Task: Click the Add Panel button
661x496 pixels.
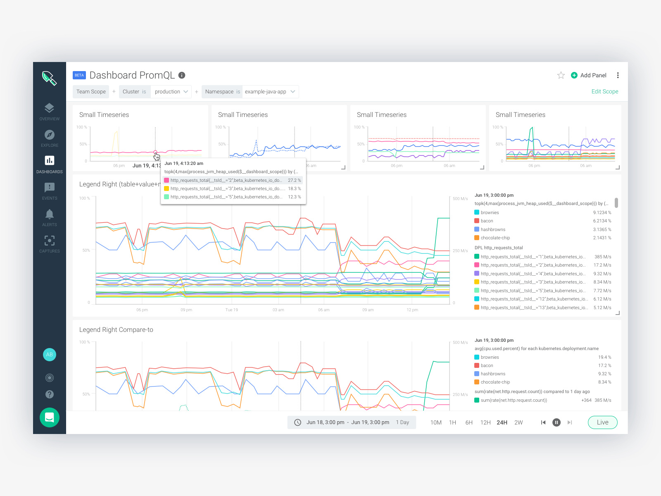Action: coord(589,75)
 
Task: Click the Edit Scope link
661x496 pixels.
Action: coord(604,91)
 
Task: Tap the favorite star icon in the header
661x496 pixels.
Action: coord(561,75)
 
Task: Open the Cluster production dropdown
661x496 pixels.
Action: coord(171,92)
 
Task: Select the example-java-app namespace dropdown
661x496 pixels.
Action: coord(270,92)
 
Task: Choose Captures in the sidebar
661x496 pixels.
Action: coord(50,244)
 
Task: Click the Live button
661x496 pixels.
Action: coord(602,422)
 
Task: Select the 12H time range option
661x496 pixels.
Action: coord(485,422)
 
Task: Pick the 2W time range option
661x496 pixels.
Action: coord(518,422)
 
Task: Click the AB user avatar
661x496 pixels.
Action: coord(50,355)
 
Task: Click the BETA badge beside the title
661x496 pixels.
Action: coord(79,75)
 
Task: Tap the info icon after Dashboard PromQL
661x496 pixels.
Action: coord(182,75)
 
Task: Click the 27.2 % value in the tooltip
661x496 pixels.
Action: coord(294,180)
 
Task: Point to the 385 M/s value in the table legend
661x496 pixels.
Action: coord(602,257)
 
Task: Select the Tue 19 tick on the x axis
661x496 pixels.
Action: coord(232,310)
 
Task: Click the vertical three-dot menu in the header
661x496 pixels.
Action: coord(618,75)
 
